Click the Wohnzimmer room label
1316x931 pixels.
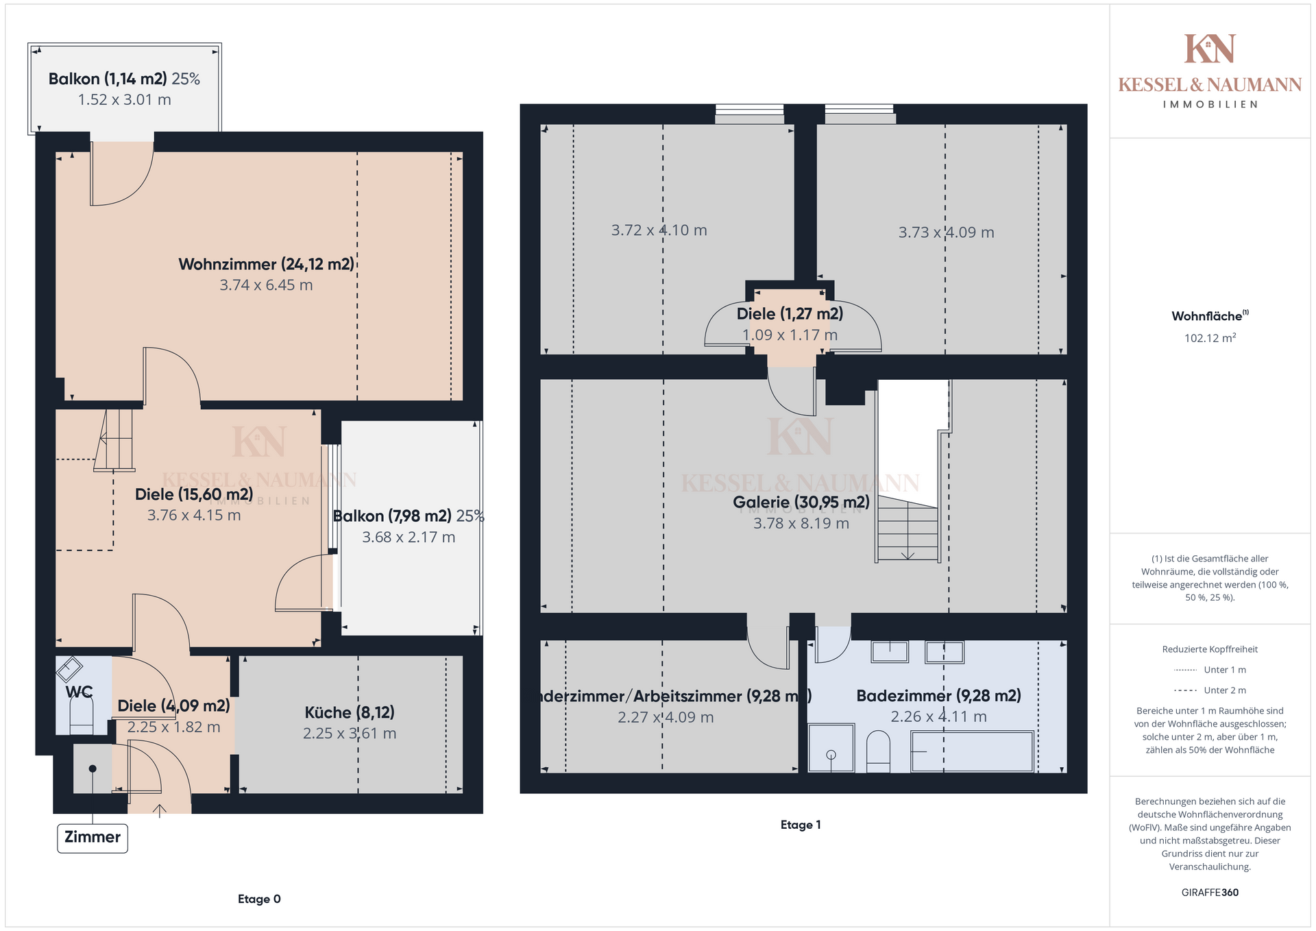tap(266, 264)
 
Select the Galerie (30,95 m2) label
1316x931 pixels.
tap(801, 502)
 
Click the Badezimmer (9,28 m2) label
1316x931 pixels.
tap(938, 696)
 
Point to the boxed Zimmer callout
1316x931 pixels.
tap(93, 838)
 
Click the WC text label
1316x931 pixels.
tap(79, 692)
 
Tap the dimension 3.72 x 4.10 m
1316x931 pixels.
tap(659, 230)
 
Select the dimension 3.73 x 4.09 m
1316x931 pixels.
tap(946, 232)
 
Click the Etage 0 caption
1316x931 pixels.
tap(259, 899)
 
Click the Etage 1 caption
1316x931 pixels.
tap(801, 825)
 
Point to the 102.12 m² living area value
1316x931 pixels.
tap(1210, 337)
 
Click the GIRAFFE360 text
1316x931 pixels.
tap(1210, 892)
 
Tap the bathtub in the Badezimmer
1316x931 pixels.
tap(972, 751)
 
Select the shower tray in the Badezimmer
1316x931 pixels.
tap(831, 748)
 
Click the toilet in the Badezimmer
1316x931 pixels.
tap(878, 751)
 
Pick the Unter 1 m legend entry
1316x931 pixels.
tap(1210, 670)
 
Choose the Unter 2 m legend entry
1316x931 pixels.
tap(1210, 690)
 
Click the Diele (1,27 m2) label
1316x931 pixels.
tap(790, 313)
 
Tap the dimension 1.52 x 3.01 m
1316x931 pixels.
tap(124, 99)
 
